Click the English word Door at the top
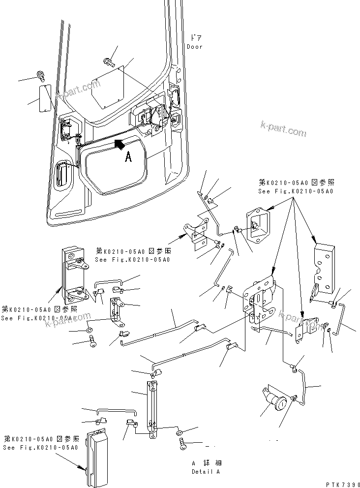click(194, 47)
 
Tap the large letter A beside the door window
click(128, 156)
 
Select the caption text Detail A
click(206, 471)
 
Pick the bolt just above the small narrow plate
click(40, 76)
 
